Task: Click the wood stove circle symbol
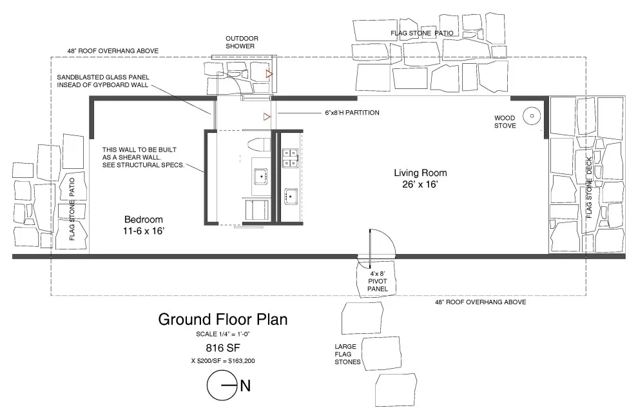click(x=532, y=116)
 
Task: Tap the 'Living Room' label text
click(x=420, y=173)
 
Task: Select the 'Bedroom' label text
click(x=144, y=219)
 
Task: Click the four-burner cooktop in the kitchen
click(x=290, y=159)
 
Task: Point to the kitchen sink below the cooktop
click(x=290, y=197)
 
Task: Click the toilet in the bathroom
click(x=258, y=144)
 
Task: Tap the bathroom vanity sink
click(x=260, y=177)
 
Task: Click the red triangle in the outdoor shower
click(x=269, y=74)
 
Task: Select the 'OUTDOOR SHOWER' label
click(x=242, y=43)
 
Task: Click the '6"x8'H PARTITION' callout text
click(x=352, y=113)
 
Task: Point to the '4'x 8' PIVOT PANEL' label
click(x=377, y=281)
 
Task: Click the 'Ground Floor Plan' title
click(x=222, y=319)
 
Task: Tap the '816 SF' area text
click(x=222, y=347)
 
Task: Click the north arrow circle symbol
click(x=222, y=385)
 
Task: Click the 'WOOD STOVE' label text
click(x=505, y=122)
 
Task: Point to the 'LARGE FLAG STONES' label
click(x=347, y=355)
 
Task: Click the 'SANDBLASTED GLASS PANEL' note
click(x=103, y=77)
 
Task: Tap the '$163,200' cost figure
click(x=242, y=361)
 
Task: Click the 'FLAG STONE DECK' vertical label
click(x=589, y=188)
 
